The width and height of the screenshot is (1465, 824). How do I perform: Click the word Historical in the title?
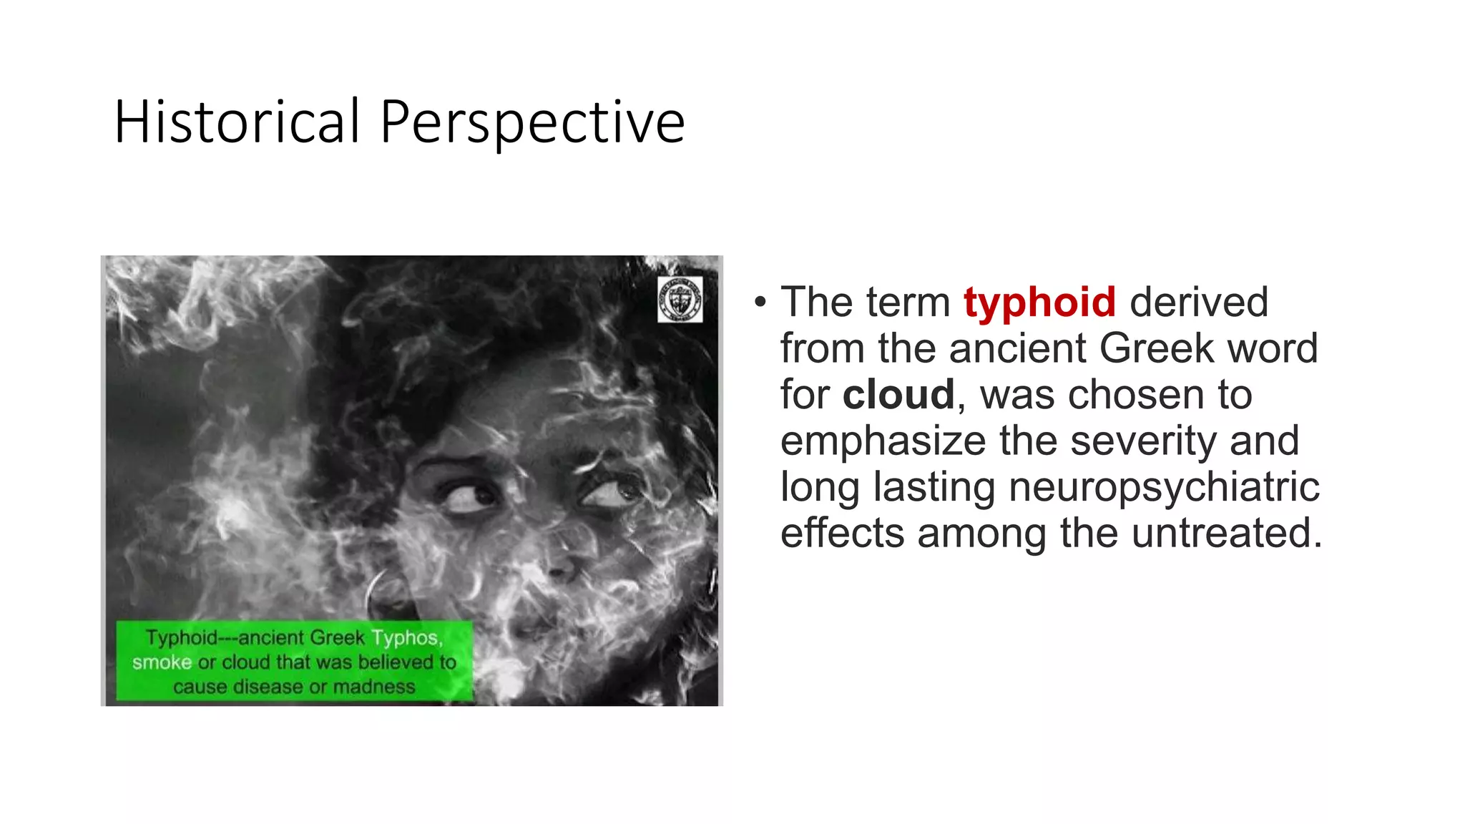(237, 122)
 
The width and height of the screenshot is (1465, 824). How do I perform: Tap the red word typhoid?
(1039, 302)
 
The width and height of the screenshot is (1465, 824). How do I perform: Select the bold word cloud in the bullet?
(898, 394)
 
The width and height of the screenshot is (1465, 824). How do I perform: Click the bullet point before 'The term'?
(760, 303)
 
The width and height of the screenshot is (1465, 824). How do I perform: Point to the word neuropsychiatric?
(1164, 487)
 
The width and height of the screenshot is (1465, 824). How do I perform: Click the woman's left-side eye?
(469, 496)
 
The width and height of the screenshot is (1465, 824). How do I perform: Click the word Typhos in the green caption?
(406, 637)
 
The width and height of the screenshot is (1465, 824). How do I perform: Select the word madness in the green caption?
(373, 687)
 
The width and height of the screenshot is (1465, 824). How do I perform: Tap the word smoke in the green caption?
(162, 662)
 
